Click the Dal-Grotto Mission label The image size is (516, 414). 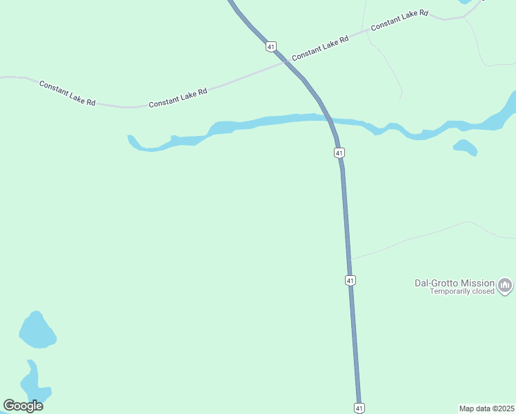454,283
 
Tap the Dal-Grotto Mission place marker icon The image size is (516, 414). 506,285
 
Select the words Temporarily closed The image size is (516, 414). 462,291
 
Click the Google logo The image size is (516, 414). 23,406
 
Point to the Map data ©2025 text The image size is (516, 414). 486,408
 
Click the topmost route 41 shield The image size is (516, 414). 271,46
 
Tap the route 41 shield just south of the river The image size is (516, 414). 339,152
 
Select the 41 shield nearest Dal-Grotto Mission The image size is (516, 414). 350,280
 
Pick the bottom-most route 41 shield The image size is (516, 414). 359,408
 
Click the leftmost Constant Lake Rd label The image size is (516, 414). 67,93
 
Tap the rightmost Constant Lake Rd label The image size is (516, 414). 399,20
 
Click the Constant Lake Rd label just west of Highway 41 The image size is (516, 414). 178,98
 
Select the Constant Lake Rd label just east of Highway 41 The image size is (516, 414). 320,48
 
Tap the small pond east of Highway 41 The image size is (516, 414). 465,147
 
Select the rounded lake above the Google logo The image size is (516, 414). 37,330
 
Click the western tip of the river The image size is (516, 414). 130,137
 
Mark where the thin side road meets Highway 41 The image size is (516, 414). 350,259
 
